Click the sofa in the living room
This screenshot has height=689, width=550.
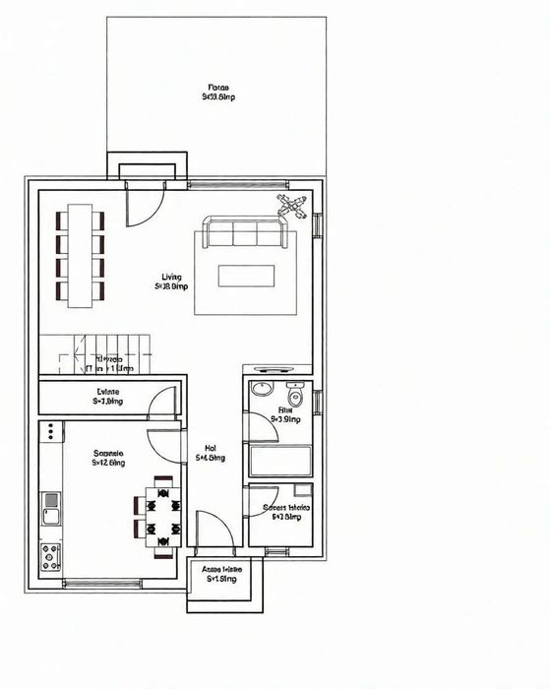243,233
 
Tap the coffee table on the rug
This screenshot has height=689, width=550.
245,276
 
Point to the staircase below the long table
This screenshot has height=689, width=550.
95,354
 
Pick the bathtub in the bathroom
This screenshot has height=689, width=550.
280,461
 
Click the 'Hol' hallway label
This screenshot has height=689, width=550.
211,452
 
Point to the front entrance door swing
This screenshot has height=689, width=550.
214,532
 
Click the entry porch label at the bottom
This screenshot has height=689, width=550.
223,574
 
